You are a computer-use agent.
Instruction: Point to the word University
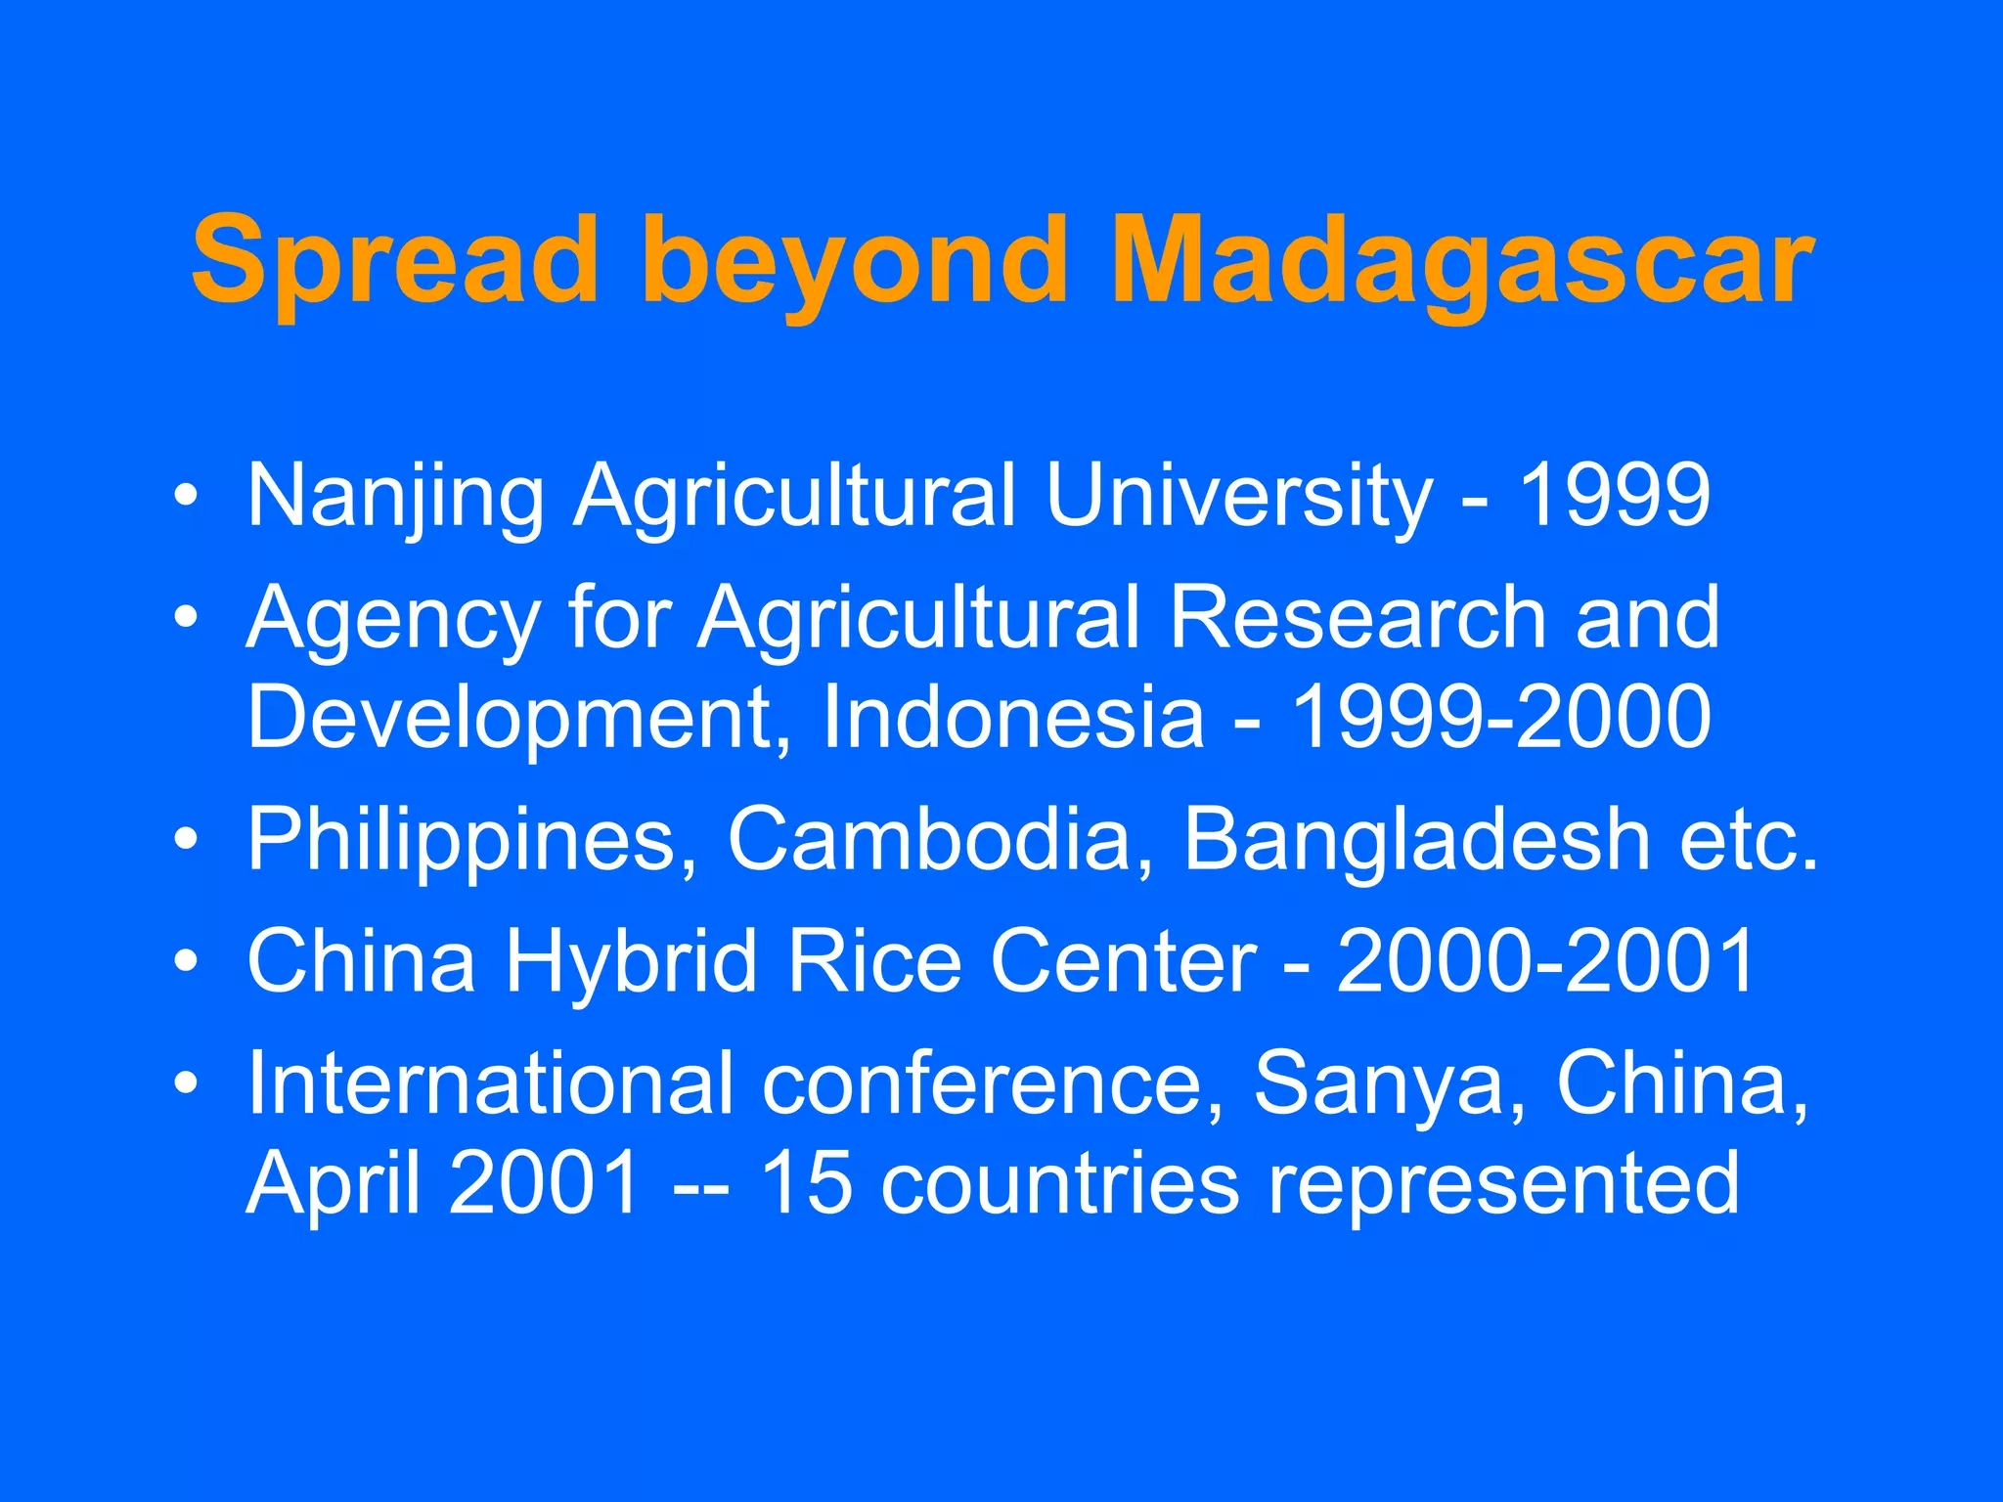click(x=1238, y=497)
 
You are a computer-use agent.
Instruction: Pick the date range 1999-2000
click(x=1501, y=717)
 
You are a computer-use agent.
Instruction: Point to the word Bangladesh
click(x=1417, y=839)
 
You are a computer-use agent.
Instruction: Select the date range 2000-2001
click(x=1545, y=961)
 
